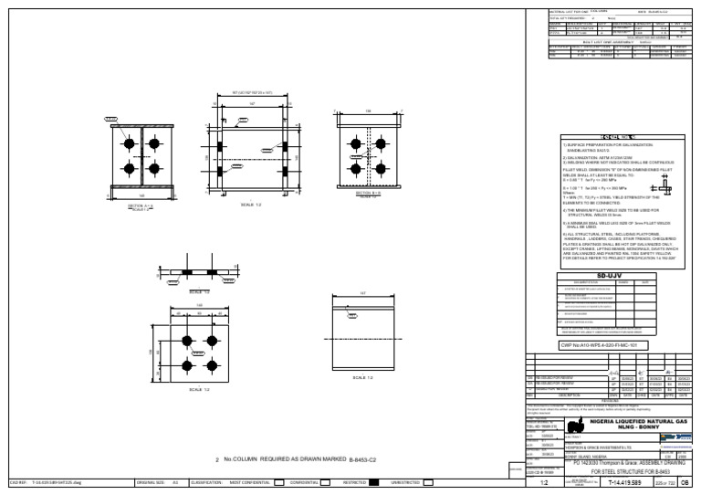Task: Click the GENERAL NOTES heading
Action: point(621,137)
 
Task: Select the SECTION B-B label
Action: point(368,194)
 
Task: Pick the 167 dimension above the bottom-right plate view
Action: point(362,293)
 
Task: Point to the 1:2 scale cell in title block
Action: point(544,482)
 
